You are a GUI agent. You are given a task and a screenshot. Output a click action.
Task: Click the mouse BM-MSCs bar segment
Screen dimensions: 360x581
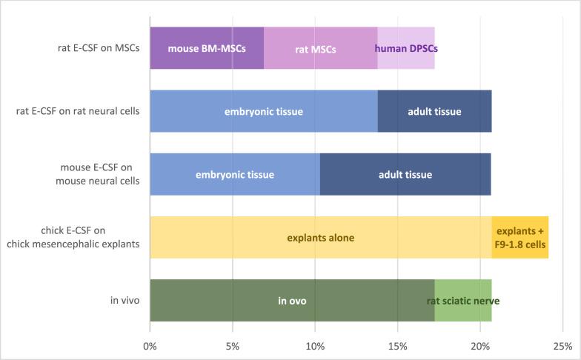coord(207,48)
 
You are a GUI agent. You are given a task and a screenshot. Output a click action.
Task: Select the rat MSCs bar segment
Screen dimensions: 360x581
coord(320,48)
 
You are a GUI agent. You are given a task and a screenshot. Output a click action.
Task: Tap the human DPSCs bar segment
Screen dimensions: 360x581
coord(406,48)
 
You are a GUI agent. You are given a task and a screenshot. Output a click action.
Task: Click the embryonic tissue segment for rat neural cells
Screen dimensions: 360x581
coord(264,111)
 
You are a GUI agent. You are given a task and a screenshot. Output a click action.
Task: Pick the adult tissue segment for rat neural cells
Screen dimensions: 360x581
coord(434,111)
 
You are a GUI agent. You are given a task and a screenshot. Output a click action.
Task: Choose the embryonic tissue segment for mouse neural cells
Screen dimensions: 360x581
coord(235,174)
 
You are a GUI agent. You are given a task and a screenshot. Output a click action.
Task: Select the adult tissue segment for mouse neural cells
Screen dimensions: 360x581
coord(405,174)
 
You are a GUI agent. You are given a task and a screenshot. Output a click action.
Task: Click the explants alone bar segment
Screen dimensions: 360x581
coord(320,238)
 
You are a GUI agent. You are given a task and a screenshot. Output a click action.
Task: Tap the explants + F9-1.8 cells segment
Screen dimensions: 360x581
coord(519,238)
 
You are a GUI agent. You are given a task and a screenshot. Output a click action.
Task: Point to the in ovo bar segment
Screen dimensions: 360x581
coord(292,301)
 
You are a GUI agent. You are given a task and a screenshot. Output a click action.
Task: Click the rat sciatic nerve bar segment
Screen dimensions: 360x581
coord(462,301)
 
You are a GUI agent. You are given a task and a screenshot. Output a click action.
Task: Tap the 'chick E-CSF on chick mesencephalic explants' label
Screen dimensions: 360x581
coord(84,238)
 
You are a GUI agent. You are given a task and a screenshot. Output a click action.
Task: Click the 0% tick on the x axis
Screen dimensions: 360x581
coord(150,345)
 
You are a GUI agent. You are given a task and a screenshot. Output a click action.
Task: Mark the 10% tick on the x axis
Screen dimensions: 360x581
coord(315,345)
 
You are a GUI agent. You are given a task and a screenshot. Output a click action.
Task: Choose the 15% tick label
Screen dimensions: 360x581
coord(397,345)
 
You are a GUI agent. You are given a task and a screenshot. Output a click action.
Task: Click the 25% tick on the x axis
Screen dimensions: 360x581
coord(562,345)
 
